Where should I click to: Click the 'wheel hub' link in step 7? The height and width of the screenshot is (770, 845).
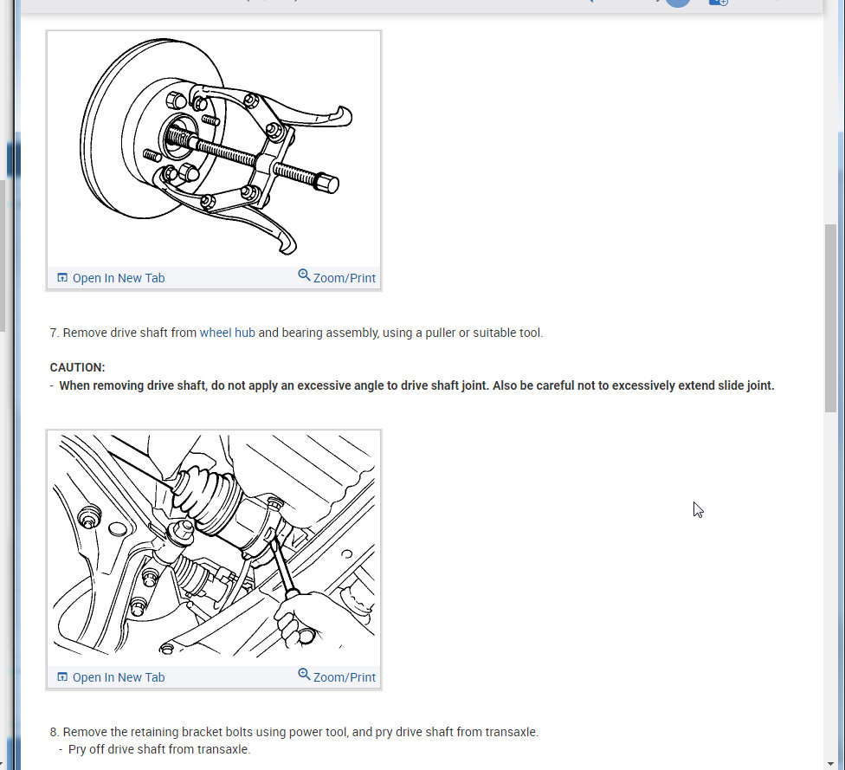click(227, 333)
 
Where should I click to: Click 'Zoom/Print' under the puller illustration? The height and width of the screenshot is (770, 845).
click(344, 278)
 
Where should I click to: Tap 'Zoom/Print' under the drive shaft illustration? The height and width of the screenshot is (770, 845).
click(344, 677)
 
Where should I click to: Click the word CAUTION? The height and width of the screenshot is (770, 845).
click(77, 367)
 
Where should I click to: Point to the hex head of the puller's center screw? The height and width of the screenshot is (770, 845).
click(326, 183)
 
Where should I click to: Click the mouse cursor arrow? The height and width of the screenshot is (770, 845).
click(697, 509)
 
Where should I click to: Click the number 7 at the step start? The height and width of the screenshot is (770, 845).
click(54, 333)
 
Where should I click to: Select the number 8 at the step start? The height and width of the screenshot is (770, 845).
click(54, 732)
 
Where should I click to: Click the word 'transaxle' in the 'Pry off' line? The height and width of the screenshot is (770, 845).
click(223, 749)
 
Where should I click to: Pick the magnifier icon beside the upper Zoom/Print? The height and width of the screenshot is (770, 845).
click(304, 275)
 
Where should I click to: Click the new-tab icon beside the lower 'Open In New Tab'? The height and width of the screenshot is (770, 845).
click(61, 677)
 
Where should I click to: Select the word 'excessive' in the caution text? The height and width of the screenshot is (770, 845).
click(324, 385)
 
